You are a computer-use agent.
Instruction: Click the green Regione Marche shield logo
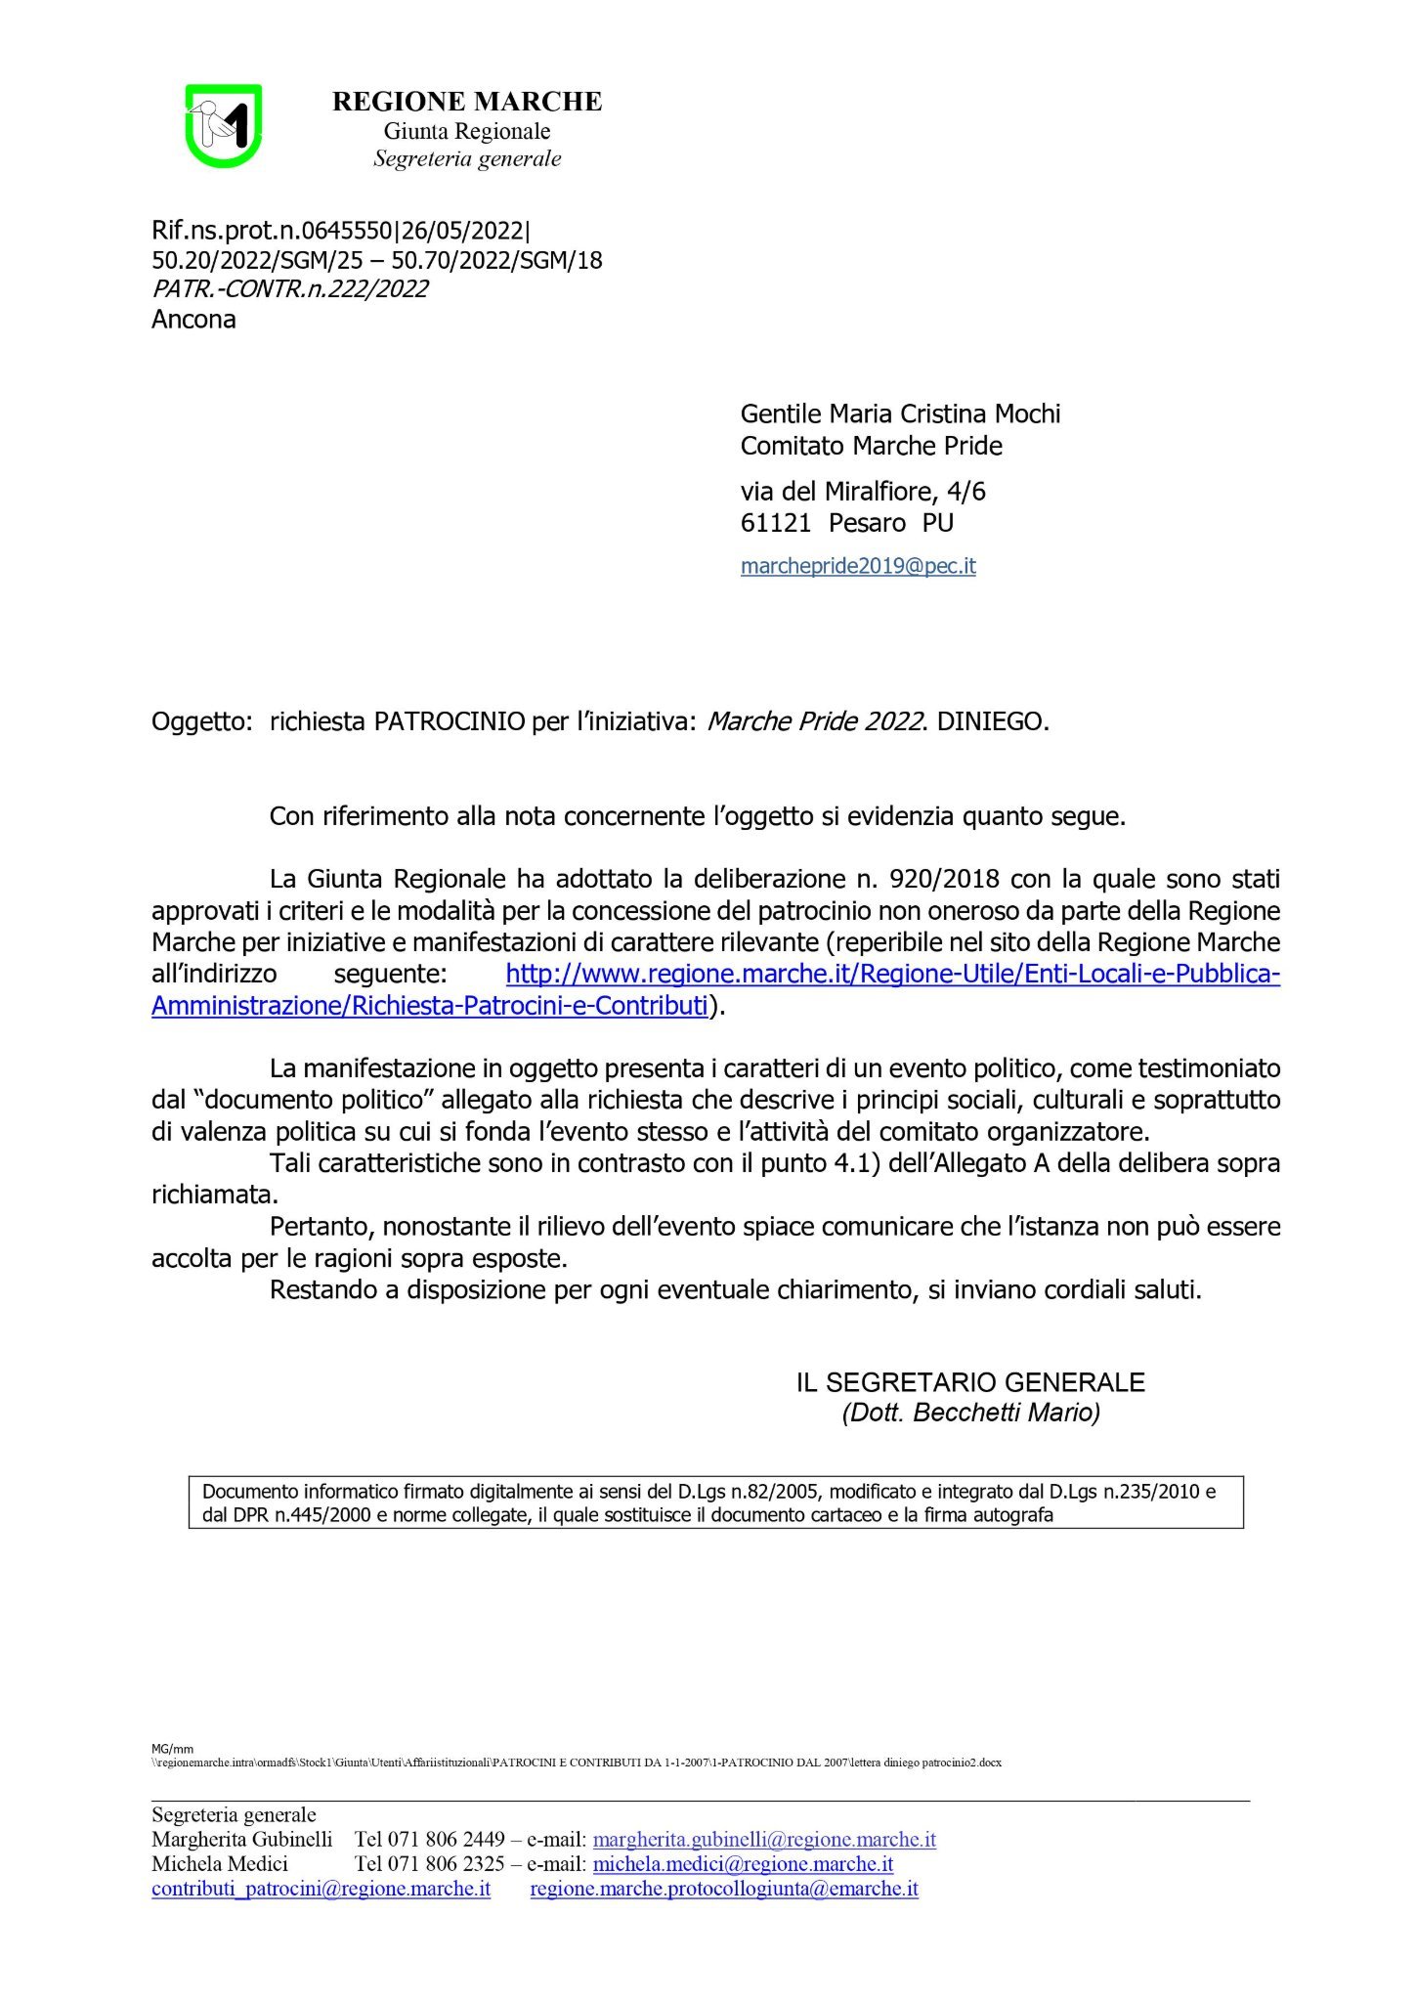(x=224, y=126)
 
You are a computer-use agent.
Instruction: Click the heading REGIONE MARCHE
(x=467, y=102)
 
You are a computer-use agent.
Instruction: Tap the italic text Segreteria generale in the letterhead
(x=467, y=159)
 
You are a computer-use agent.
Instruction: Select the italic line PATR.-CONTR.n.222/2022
(x=289, y=289)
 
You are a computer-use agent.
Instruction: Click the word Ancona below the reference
(x=193, y=320)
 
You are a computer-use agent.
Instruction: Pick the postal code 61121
(x=775, y=523)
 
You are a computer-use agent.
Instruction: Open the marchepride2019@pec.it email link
(x=858, y=566)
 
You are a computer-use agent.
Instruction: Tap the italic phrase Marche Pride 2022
(x=815, y=722)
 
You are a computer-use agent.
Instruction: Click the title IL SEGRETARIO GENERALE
(x=969, y=1382)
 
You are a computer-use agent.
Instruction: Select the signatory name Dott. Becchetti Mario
(x=970, y=1413)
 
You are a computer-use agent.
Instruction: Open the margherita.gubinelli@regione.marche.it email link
(x=764, y=1840)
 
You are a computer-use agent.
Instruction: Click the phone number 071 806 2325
(x=446, y=1864)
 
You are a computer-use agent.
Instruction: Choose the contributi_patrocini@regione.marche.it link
(x=321, y=1889)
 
